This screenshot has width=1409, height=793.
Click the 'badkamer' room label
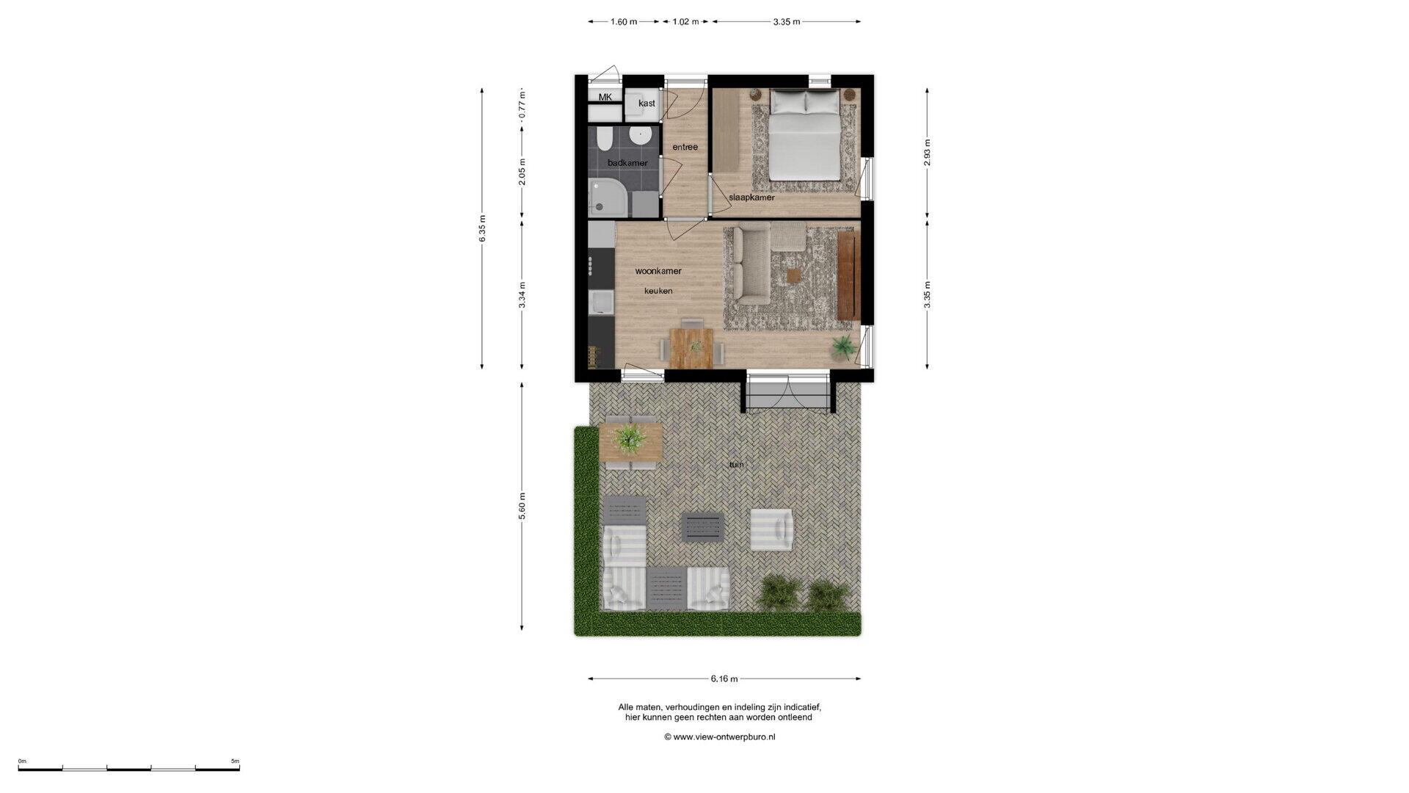click(x=627, y=162)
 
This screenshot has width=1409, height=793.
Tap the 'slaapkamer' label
click(x=751, y=198)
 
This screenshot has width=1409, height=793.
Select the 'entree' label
click(x=685, y=147)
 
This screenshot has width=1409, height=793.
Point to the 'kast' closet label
click(x=647, y=104)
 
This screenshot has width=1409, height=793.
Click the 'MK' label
click(x=605, y=97)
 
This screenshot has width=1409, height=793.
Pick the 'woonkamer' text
click(x=658, y=271)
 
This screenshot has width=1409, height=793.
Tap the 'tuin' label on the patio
click(x=736, y=464)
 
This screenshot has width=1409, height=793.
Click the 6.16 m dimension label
click(x=724, y=679)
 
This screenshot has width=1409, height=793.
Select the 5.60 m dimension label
click(x=523, y=507)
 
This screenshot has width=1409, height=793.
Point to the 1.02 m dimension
click(x=685, y=22)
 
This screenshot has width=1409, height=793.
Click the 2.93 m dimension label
click(x=928, y=153)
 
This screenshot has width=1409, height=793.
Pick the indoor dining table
click(x=691, y=347)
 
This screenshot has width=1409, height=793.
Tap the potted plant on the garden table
click(x=630, y=438)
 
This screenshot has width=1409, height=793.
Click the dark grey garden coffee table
click(x=703, y=527)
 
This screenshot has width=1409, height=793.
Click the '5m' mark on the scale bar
click(x=235, y=761)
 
